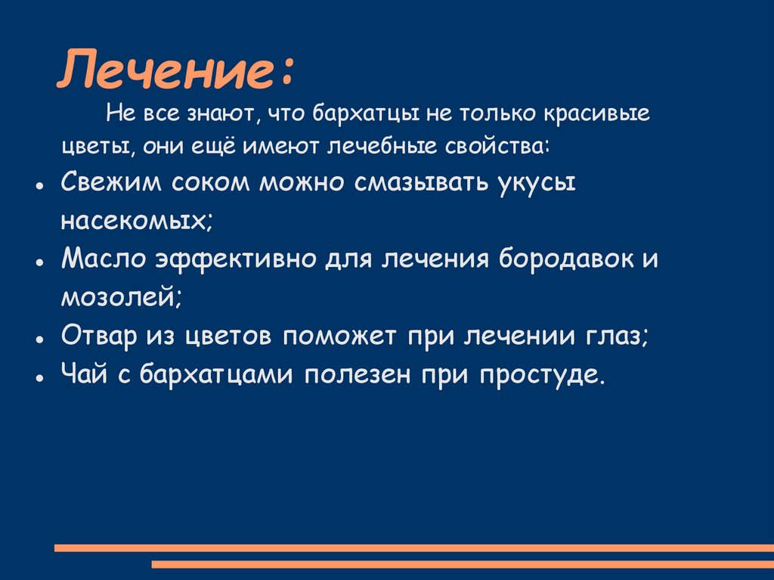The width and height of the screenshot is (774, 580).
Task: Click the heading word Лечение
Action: [170, 72]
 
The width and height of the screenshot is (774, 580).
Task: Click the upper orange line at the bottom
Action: [414, 547]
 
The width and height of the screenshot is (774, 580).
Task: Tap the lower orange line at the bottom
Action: [463, 564]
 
